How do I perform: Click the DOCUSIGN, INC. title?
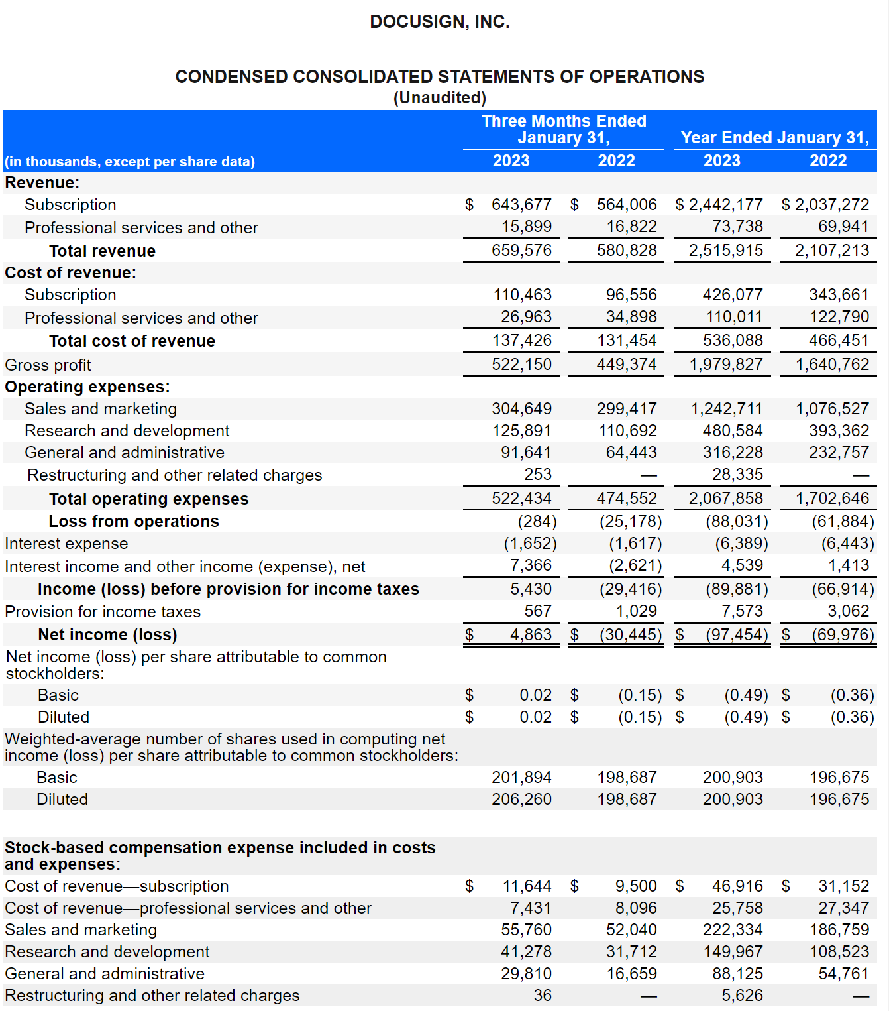pos(439,21)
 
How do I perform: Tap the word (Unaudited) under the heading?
pos(439,97)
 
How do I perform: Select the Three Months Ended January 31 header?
pos(564,129)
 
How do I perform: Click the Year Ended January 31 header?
pos(775,137)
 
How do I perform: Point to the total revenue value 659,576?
pos(521,250)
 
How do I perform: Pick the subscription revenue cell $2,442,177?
pos(719,204)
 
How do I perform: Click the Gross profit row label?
pos(48,365)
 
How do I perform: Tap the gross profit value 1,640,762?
pos(831,364)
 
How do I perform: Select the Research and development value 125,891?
pos(521,430)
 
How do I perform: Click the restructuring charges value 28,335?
pos(737,473)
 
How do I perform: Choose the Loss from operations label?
pos(134,521)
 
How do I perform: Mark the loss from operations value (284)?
pos(537,521)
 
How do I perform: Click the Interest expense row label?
pos(66,543)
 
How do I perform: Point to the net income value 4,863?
pos(531,634)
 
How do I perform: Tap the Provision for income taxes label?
pos(103,611)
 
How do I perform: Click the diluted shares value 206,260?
pos(521,798)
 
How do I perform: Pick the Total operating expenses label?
pos(148,499)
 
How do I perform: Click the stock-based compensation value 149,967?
pos(733,951)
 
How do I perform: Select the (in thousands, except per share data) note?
pos(130,162)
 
